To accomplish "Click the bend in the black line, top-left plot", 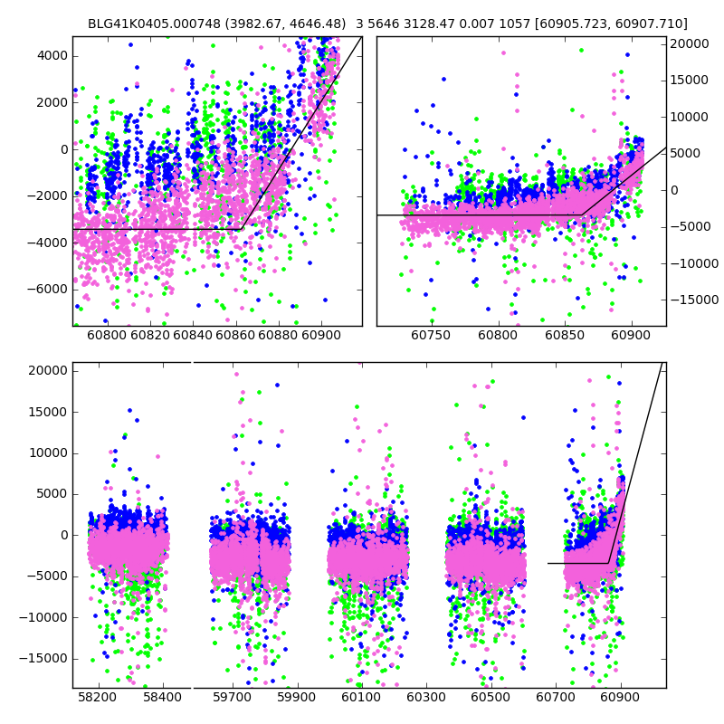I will [x=240, y=229].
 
